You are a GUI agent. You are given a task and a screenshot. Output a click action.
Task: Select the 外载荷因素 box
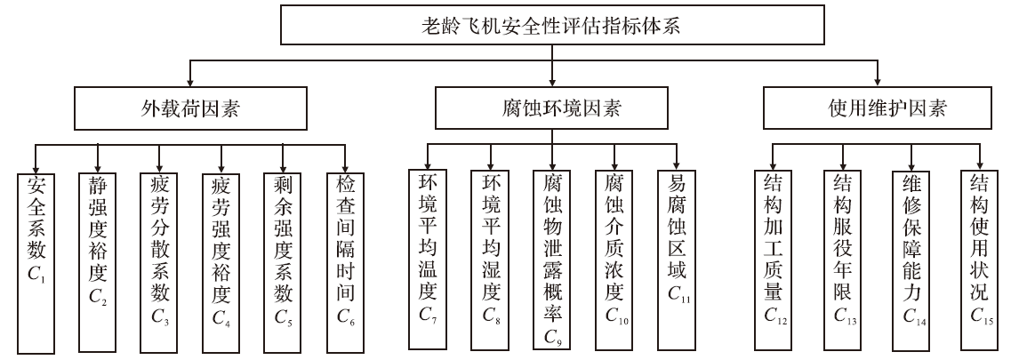click(186, 110)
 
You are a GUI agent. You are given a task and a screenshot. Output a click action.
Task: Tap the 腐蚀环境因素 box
click(555, 110)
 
